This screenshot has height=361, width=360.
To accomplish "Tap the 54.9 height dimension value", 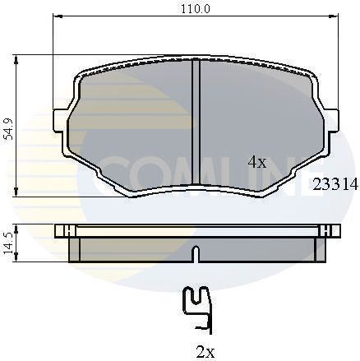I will pyautogui.click(x=9, y=127).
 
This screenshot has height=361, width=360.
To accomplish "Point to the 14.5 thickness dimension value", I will pyautogui.click(x=9, y=244).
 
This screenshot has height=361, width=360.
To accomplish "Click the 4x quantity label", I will pyautogui.click(x=257, y=163).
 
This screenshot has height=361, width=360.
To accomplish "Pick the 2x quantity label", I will pyautogui.click(x=205, y=352).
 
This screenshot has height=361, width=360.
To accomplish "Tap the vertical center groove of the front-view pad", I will pyautogui.click(x=196, y=123).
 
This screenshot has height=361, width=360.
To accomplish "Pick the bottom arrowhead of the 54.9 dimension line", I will pyautogui.click(x=17, y=195).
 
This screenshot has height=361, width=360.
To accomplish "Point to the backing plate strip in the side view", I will pyautogui.click(x=194, y=231).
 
